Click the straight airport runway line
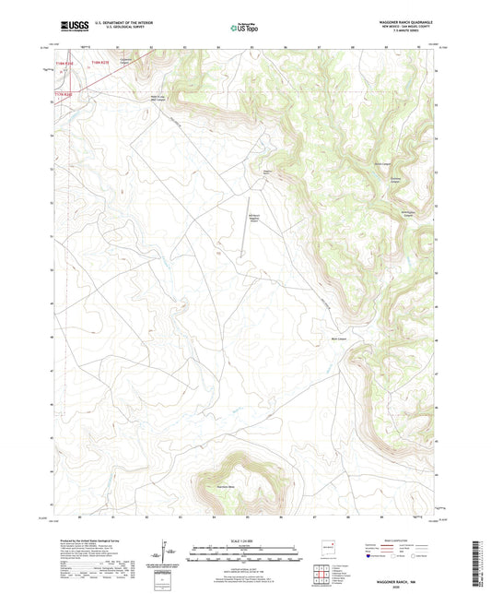(x=247, y=226)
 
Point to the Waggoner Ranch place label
(x=267, y=171)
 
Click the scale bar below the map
(x=245, y=556)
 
